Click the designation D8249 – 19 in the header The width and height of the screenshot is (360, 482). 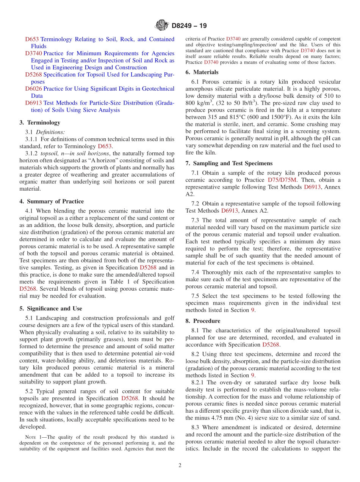tap(189, 26)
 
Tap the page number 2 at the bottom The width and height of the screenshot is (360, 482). tap(180, 465)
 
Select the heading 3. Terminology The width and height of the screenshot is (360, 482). tap(40, 122)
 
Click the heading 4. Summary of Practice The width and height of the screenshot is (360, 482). tap(52, 201)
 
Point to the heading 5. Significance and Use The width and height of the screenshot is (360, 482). tap(51, 308)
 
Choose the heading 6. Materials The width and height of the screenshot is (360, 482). tap(202, 72)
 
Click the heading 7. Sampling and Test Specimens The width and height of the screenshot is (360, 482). tap(229, 163)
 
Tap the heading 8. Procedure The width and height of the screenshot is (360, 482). tap(203, 321)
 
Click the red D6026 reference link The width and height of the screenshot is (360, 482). tap(33, 89)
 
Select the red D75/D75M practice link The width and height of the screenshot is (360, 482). tap(282, 180)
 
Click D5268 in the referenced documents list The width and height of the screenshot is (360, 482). tap(33, 75)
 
